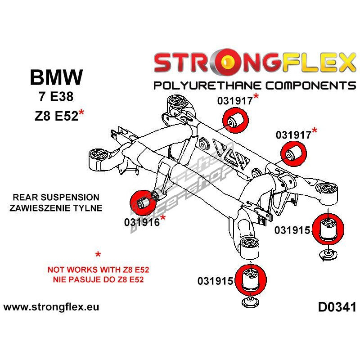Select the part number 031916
[140, 222]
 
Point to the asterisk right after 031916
[163, 219]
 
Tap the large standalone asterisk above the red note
[98, 256]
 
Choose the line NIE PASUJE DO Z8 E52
[98, 280]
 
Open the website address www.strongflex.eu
[51, 308]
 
